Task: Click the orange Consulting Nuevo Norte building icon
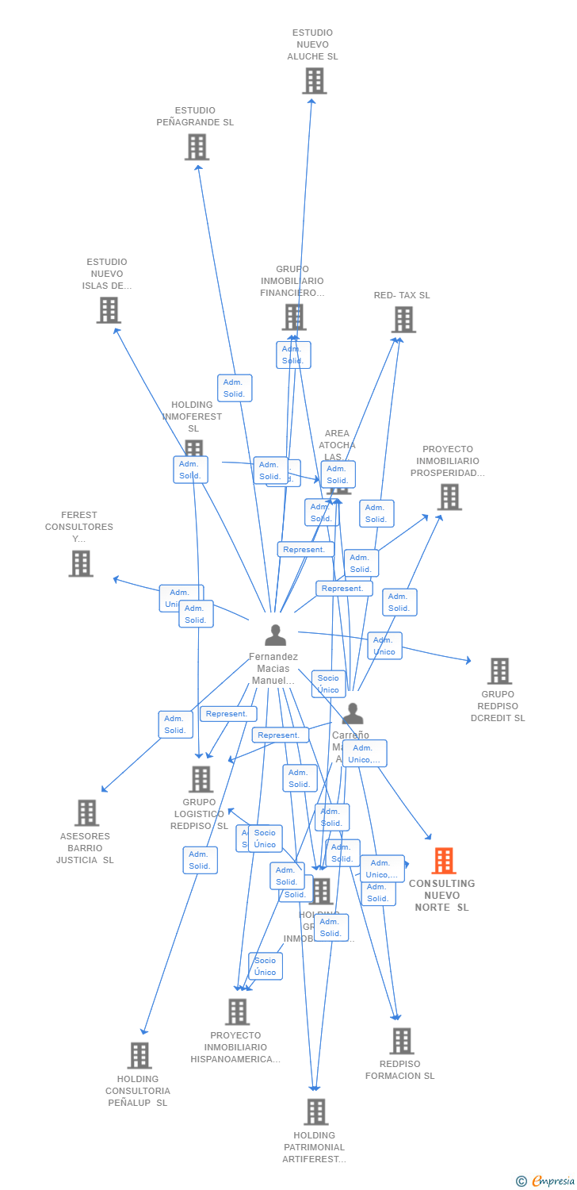[x=444, y=861]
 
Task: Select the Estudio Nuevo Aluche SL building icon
[x=314, y=80]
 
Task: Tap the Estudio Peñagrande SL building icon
[x=197, y=147]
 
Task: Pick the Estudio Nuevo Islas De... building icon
[x=109, y=310]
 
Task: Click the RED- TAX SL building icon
[x=403, y=320]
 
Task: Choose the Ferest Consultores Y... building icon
[x=80, y=563]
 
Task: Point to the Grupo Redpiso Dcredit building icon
[x=499, y=671]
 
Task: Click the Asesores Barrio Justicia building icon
[x=86, y=812]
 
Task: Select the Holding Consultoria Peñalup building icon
[x=139, y=1055]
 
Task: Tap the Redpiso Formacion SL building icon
[x=402, y=1041]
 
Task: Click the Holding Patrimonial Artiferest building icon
[x=315, y=1112]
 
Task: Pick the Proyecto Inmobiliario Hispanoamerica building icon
[x=237, y=1011]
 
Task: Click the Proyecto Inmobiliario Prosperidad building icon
[x=449, y=497]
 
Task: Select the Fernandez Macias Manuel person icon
[x=275, y=635]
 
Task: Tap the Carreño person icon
[x=352, y=714]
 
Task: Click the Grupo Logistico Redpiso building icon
[x=201, y=779]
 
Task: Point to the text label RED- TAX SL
[x=402, y=295]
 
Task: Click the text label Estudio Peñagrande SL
[x=195, y=117]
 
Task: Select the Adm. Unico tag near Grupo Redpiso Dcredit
[x=384, y=646]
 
